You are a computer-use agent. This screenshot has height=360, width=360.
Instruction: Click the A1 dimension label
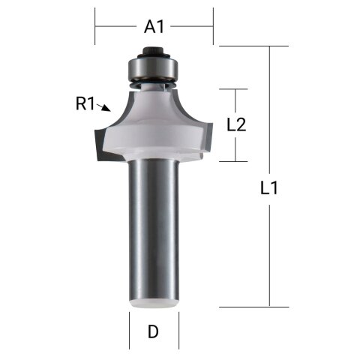pos(154,27)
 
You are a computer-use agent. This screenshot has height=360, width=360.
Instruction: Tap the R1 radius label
pos(85,104)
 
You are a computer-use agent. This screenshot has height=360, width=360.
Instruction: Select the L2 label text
pos(236,125)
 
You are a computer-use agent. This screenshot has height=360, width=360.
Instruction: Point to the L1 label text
pos(269,189)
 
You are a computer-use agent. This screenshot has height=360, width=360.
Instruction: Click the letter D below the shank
pos(153,331)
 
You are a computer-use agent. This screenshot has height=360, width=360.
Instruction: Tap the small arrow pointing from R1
pos(103,109)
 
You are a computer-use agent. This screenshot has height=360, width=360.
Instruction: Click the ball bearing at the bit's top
pos(154,69)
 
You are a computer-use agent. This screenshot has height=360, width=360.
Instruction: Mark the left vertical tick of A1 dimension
pos(95,27)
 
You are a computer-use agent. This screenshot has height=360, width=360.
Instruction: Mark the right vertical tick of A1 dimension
pos(213,27)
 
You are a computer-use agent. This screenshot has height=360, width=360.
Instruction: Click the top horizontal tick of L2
pos(236,89)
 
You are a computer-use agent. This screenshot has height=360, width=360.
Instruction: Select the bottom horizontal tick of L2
pos(236,161)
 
